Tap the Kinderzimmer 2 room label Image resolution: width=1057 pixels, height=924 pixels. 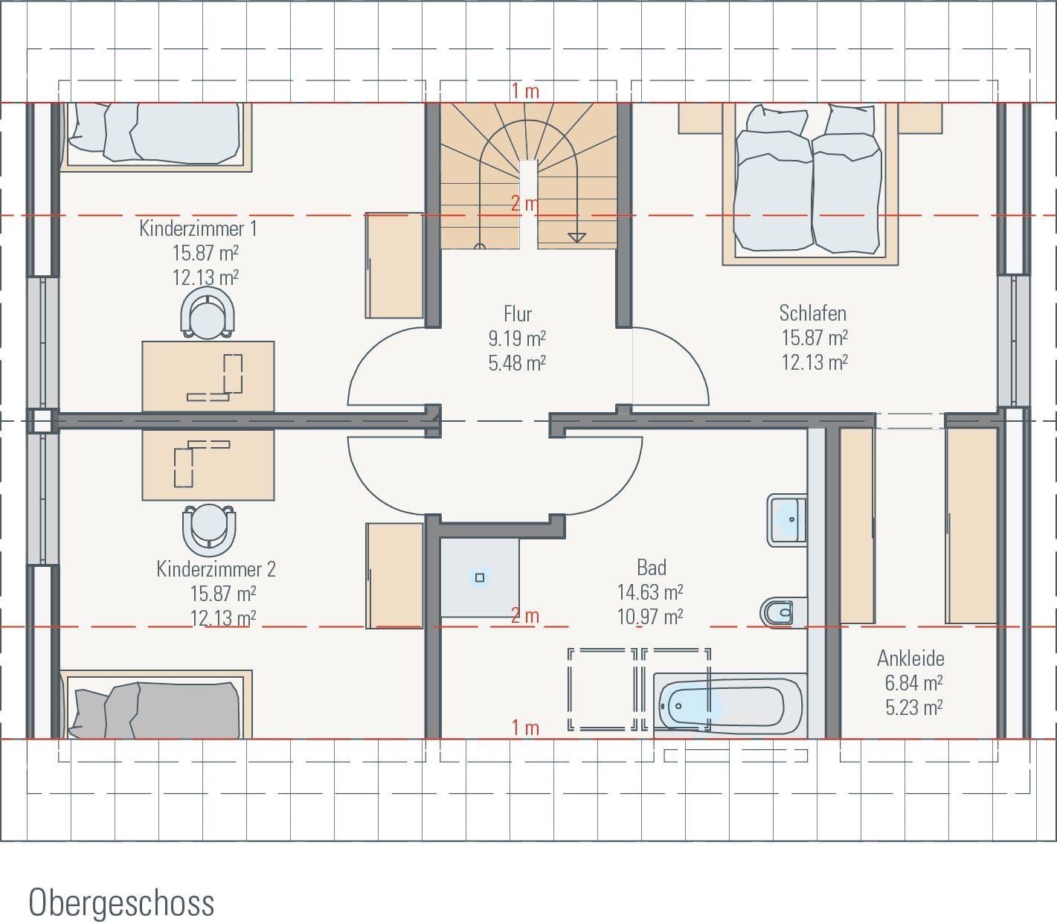216,569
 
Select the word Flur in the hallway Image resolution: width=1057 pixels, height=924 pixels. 518,313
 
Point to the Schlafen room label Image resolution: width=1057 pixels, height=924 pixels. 812,312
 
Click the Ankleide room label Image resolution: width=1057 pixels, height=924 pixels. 910,658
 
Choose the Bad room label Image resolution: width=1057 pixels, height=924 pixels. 651,568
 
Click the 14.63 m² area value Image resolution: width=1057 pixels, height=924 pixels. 650,592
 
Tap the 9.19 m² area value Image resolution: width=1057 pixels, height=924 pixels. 517,339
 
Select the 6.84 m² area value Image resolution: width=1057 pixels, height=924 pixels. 913,683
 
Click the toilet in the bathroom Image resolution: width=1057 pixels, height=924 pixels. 778,612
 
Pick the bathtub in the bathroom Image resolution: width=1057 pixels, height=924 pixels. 728,704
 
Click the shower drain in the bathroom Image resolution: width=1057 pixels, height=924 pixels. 480,577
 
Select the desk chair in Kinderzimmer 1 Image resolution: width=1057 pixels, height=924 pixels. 208,314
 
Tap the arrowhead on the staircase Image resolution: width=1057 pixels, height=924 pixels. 576,237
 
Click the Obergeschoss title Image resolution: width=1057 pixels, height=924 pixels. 121,902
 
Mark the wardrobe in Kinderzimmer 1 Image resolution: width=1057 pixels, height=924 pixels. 393,266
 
